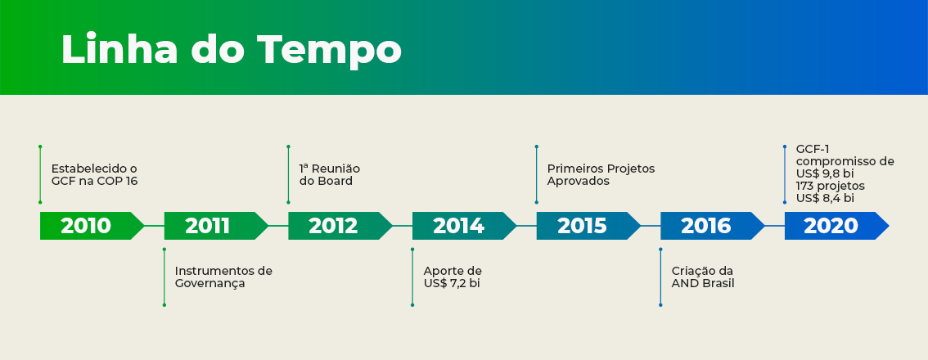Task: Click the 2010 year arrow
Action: click(92, 226)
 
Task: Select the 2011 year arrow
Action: click(216, 226)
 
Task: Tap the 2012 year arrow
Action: click(340, 226)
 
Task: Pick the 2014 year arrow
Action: click(465, 226)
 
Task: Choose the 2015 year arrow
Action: click(588, 226)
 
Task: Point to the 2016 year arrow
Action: click(713, 226)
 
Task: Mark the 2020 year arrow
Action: click(837, 226)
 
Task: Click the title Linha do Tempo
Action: click(232, 51)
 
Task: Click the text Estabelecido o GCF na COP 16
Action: click(94, 174)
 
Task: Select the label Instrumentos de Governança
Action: click(223, 277)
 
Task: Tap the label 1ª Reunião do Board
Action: click(330, 174)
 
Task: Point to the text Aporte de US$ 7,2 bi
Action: click(453, 277)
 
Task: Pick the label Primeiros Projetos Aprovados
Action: click(601, 174)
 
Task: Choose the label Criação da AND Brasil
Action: click(702, 277)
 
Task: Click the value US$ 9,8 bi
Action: click(825, 173)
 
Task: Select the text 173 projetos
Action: click(831, 186)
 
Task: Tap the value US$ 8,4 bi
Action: click(825, 198)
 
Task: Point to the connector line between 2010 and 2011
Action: click(155, 226)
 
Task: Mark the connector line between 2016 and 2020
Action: click(775, 226)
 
